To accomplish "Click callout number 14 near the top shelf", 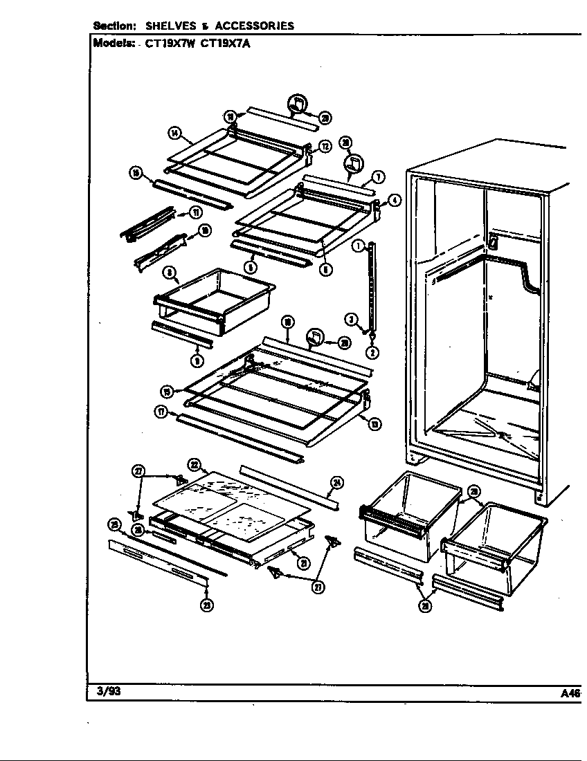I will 174,132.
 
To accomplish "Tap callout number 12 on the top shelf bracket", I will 324,146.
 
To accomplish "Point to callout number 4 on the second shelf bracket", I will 395,201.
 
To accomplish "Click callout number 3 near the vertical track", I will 352,319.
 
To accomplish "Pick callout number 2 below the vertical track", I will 372,352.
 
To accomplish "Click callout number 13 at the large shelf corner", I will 374,424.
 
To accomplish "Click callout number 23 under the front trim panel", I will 207,605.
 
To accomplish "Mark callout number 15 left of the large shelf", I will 167,392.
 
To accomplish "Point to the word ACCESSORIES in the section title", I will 254,26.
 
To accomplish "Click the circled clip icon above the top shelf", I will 296,103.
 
